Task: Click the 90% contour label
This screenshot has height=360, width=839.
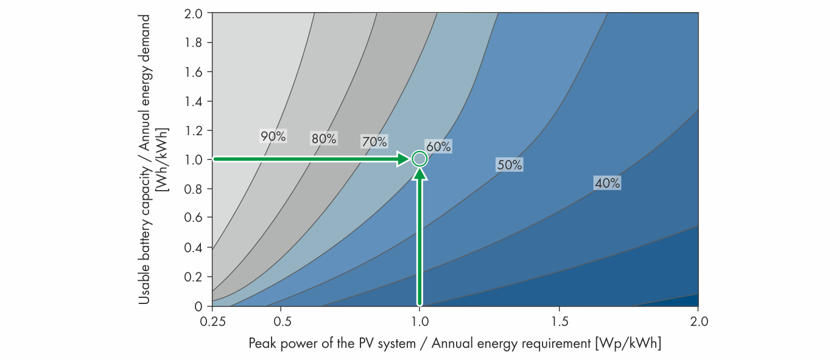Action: pos(273,136)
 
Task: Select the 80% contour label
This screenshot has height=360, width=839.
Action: pos(323,138)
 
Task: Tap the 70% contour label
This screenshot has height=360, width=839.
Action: pos(374,142)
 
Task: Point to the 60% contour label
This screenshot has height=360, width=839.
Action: pos(438,147)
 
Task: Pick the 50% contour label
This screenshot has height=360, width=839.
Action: pos(509,164)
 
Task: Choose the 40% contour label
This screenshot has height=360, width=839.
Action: pos(607,183)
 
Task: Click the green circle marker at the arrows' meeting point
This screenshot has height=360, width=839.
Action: pos(419,159)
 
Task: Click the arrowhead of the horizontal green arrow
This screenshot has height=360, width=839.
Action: pos(402,159)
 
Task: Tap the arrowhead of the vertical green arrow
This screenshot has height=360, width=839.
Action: pos(419,174)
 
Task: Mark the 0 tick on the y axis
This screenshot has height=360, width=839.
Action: pos(198,305)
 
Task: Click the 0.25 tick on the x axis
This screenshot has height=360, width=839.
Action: pos(212,320)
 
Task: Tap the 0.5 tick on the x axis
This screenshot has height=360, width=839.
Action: pos(281,320)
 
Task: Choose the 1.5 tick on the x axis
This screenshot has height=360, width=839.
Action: pos(559,320)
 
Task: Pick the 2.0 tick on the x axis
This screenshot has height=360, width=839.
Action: pos(698,320)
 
